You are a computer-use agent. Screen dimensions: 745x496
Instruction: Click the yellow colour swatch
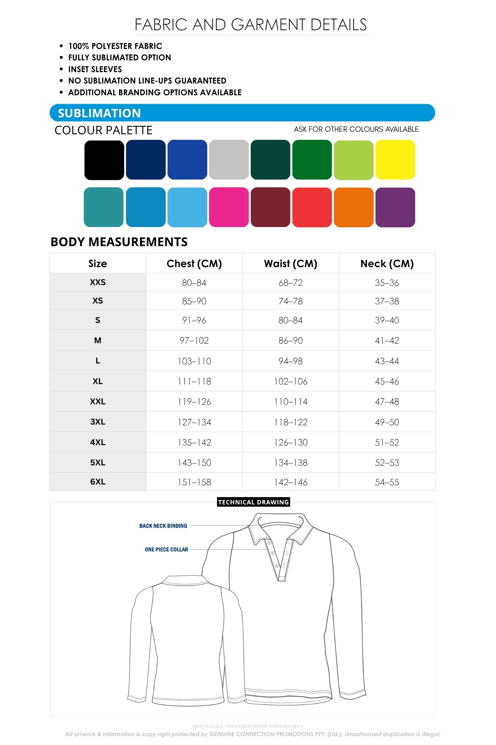[395, 160]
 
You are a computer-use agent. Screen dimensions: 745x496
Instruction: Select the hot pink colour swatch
[229, 207]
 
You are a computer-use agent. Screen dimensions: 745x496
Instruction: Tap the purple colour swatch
[395, 207]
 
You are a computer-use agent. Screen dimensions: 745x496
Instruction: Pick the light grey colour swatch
[229, 160]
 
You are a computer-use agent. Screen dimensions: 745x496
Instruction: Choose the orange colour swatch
[353, 207]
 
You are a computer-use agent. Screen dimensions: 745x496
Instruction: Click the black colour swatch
[104, 160]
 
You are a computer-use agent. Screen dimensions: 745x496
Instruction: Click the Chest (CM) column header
[194, 263]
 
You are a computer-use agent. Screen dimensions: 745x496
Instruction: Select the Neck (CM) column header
[387, 263]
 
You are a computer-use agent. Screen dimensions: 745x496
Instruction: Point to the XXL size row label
[98, 401]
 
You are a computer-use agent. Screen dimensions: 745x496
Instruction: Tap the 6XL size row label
[98, 482]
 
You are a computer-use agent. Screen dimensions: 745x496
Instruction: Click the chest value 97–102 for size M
[194, 341]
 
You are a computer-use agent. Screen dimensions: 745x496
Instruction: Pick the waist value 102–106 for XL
[291, 382]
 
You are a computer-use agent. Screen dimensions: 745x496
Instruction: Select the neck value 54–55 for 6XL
[387, 482]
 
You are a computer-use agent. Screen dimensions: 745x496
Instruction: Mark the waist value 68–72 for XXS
[291, 283]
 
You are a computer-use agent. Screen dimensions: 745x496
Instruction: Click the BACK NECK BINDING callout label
[163, 526]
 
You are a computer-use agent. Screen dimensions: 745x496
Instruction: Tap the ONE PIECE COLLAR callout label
[166, 549]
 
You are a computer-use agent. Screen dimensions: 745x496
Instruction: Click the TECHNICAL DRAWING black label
[254, 502]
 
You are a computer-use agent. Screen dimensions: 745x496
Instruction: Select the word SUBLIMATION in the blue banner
[99, 113]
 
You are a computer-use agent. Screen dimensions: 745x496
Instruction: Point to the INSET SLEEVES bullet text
[95, 69]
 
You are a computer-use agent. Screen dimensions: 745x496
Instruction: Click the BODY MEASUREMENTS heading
[119, 242]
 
